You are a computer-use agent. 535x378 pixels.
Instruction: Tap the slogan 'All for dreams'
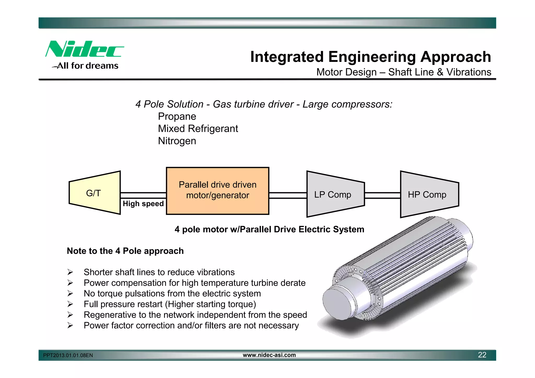[88, 66]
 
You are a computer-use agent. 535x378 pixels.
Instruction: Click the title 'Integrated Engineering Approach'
[370, 57]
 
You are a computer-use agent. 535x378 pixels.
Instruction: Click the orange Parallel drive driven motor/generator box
[217, 191]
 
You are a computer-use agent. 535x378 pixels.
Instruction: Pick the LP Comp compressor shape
[335, 194]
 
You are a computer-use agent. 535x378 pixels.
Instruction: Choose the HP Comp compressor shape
[429, 194]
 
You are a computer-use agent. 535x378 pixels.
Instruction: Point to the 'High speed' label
[143, 203]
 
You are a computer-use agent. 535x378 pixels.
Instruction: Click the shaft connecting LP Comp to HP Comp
[382, 195]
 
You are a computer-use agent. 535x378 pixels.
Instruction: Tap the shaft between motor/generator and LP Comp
[288, 195]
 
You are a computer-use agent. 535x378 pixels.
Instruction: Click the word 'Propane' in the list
[177, 117]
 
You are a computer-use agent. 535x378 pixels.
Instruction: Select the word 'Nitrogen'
[177, 141]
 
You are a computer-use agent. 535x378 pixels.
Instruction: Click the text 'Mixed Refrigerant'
[198, 129]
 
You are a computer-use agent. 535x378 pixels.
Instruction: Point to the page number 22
[482, 355]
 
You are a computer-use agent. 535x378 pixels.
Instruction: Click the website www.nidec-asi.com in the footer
[269, 355]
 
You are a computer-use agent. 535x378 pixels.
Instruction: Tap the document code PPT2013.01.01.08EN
[68, 355]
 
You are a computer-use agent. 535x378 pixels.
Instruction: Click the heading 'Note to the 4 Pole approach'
[125, 251]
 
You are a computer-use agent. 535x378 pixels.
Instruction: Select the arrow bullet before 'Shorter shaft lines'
[70, 272]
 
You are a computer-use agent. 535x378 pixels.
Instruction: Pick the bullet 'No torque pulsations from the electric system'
[172, 294]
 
